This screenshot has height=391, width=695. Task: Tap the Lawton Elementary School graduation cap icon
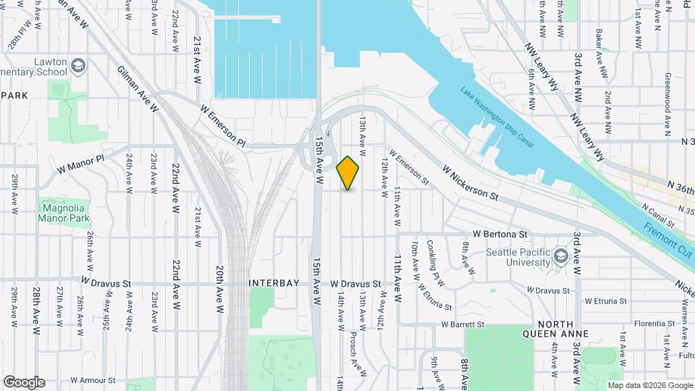[x=78, y=68]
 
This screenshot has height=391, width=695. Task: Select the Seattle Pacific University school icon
[x=561, y=256]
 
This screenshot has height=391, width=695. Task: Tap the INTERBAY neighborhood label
[x=274, y=283]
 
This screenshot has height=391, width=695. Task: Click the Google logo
[x=24, y=382]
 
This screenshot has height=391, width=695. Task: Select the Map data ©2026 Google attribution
[x=649, y=385]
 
